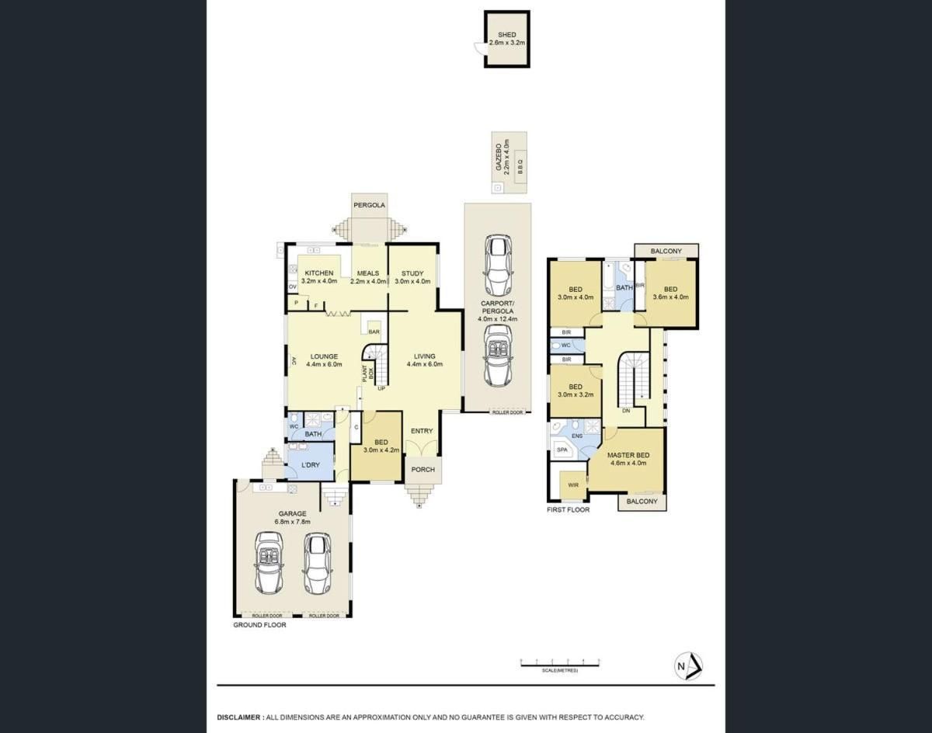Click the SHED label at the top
(x=506, y=35)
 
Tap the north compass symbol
(x=687, y=666)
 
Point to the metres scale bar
(x=560, y=662)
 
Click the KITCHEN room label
(x=319, y=273)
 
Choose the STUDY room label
(x=412, y=273)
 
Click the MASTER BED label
(x=628, y=455)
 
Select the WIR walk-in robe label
(x=573, y=485)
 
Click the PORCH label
(x=423, y=469)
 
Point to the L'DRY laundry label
(x=311, y=464)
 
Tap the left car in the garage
(x=268, y=562)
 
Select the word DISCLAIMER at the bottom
(x=239, y=717)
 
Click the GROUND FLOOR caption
(x=260, y=624)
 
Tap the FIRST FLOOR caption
(x=568, y=510)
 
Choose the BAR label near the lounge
(x=374, y=331)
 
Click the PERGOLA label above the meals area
(x=370, y=206)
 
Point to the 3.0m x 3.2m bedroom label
(x=575, y=391)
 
